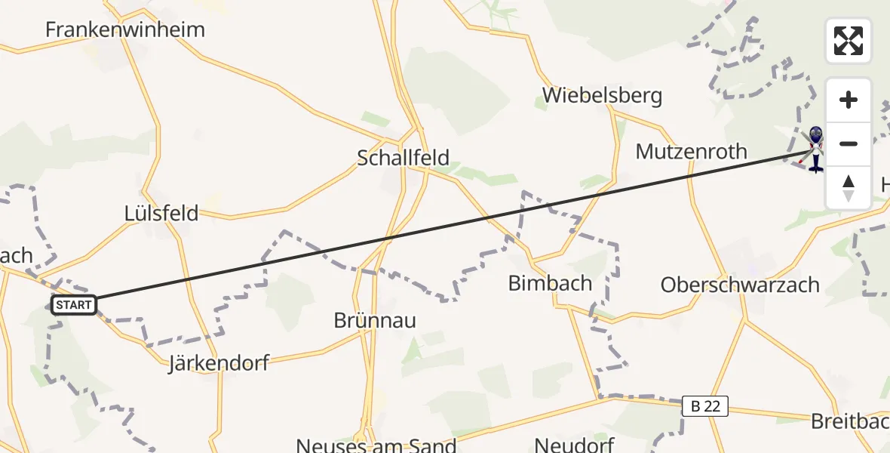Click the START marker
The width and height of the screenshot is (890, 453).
pyautogui.click(x=74, y=305)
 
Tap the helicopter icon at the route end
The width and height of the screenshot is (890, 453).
pyautogui.click(x=815, y=149)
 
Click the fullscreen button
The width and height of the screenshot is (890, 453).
pyautogui.click(x=849, y=41)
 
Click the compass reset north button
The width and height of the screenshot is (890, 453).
pyautogui.click(x=849, y=187)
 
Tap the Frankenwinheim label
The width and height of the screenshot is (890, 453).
pyautogui.click(x=125, y=30)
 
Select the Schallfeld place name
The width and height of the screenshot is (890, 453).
pyautogui.click(x=403, y=158)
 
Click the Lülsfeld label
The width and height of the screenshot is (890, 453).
pyautogui.click(x=161, y=213)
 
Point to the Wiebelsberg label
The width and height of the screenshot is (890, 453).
pyautogui.click(x=602, y=96)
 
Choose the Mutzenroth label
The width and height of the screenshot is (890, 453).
pyautogui.click(x=691, y=152)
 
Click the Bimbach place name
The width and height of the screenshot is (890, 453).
pyautogui.click(x=550, y=284)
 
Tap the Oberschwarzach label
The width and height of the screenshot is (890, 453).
pyautogui.click(x=740, y=285)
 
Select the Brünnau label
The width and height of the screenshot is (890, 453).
pyautogui.click(x=375, y=321)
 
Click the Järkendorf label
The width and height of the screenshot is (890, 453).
pyautogui.click(x=219, y=364)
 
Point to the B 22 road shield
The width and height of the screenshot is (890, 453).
pyautogui.click(x=705, y=406)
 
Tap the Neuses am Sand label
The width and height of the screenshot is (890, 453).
pyautogui.click(x=376, y=445)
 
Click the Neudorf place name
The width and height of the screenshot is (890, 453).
pyautogui.click(x=574, y=445)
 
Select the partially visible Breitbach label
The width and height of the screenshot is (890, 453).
pyautogui.click(x=850, y=421)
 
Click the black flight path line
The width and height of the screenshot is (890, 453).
pyautogui.click(x=453, y=226)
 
